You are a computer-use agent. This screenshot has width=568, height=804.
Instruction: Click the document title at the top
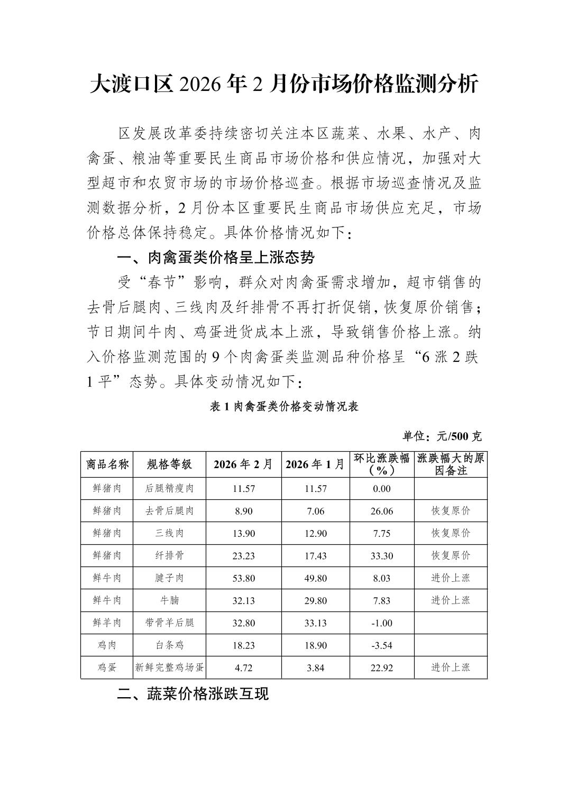click(x=284, y=85)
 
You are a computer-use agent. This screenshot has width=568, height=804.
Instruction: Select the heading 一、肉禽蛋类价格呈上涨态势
click(x=216, y=258)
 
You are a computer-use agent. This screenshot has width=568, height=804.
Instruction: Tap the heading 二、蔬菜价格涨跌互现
click(x=193, y=693)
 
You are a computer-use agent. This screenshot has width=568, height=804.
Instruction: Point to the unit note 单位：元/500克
click(x=442, y=436)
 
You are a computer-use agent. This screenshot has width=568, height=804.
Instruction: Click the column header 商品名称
click(x=107, y=464)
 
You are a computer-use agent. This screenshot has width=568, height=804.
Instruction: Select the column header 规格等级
click(x=169, y=464)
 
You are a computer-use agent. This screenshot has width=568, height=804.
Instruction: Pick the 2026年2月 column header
click(x=243, y=464)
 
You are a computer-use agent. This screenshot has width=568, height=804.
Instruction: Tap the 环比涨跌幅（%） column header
click(x=381, y=464)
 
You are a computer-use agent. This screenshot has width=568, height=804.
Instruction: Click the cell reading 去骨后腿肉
click(x=169, y=511)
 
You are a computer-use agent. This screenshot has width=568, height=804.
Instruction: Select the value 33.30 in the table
click(x=381, y=555)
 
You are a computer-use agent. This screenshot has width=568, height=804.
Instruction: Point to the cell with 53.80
click(x=243, y=578)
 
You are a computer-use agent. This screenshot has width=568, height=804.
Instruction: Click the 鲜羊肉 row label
click(x=107, y=623)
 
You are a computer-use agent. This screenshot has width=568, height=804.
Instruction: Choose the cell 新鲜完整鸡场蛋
click(x=169, y=668)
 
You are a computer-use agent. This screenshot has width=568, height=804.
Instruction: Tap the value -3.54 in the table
click(x=381, y=645)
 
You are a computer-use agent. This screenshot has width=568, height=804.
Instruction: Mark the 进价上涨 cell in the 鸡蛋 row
click(x=451, y=668)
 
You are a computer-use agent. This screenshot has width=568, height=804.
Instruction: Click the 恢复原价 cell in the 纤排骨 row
click(x=451, y=555)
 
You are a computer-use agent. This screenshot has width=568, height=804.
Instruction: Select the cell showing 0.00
click(x=381, y=489)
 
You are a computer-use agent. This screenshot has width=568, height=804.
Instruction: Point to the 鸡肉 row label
click(x=107, y=645)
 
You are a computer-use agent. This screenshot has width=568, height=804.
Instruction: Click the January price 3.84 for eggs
click(x=315, y=668)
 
